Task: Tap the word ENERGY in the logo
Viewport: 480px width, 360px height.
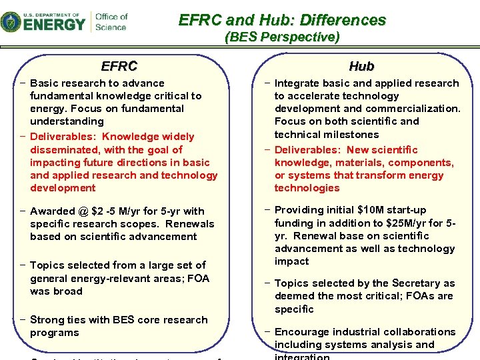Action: coord(55,24)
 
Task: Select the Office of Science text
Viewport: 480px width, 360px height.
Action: coord(111,21)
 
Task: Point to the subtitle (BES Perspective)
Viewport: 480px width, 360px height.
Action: coord(282,37)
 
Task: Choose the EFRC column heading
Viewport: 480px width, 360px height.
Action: coord(119,66)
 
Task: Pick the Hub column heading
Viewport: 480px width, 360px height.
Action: coord(361,66)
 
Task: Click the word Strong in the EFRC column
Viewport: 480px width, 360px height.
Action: coord(47,320)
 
